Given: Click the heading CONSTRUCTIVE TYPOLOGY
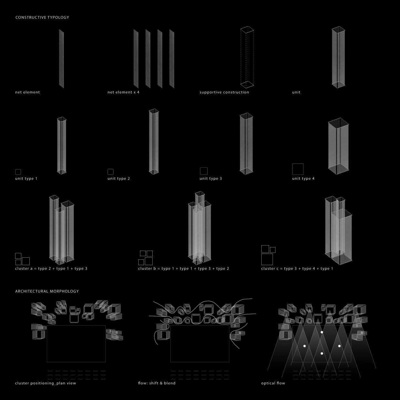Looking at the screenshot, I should click(x=42, y=17).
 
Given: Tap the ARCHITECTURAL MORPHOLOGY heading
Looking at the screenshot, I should click(x=47, y=291).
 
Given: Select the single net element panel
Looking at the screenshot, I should click(x=61, y=58).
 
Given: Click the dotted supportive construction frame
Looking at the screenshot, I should click(x=247, y=57).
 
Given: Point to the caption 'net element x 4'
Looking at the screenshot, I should click(x=123, y=92).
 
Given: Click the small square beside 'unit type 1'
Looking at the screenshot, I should click(x=18, y=172).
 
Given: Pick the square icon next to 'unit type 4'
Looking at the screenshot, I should click(x=298, y=169).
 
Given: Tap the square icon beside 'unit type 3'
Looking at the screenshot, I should click(x=204, y=171).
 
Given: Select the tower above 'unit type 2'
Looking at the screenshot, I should click(x=154, y=142).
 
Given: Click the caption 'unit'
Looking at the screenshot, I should click(x=296, y=92).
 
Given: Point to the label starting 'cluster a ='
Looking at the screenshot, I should click(x=51, y=269).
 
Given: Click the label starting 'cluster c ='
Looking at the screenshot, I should click(x=297, y=269).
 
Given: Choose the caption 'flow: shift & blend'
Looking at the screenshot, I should click(x=156, y=383).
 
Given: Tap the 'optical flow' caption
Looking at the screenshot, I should click(x=273, y=383).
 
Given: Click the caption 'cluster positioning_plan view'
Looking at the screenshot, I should click(x=45, y=383).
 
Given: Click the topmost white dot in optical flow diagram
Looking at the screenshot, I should click(x=322, y=332).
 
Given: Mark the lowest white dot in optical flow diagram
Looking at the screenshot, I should click(x=322, y=354).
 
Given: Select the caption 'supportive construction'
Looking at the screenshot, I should click(x=224, y=92).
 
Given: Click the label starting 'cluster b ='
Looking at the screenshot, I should click(x=183, y=269).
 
